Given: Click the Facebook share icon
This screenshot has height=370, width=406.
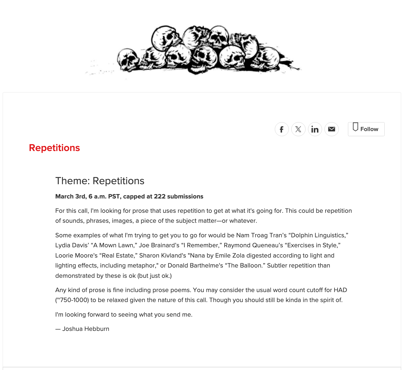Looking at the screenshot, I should (282, 129).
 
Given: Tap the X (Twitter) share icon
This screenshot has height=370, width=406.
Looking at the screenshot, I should (298, 129).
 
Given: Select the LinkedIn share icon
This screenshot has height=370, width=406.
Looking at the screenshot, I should (315, 129).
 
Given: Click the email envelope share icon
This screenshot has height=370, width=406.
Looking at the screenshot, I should (331, 129).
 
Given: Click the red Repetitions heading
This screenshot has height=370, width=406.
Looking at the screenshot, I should (54, 148).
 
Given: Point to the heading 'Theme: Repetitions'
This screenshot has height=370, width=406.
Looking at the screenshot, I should (100, 181).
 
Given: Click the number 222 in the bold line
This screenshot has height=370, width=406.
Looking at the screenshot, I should (160, 197).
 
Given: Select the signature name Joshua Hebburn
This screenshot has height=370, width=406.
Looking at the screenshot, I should (86, 329).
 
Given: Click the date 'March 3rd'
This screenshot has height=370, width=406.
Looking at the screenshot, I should (70, 197).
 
